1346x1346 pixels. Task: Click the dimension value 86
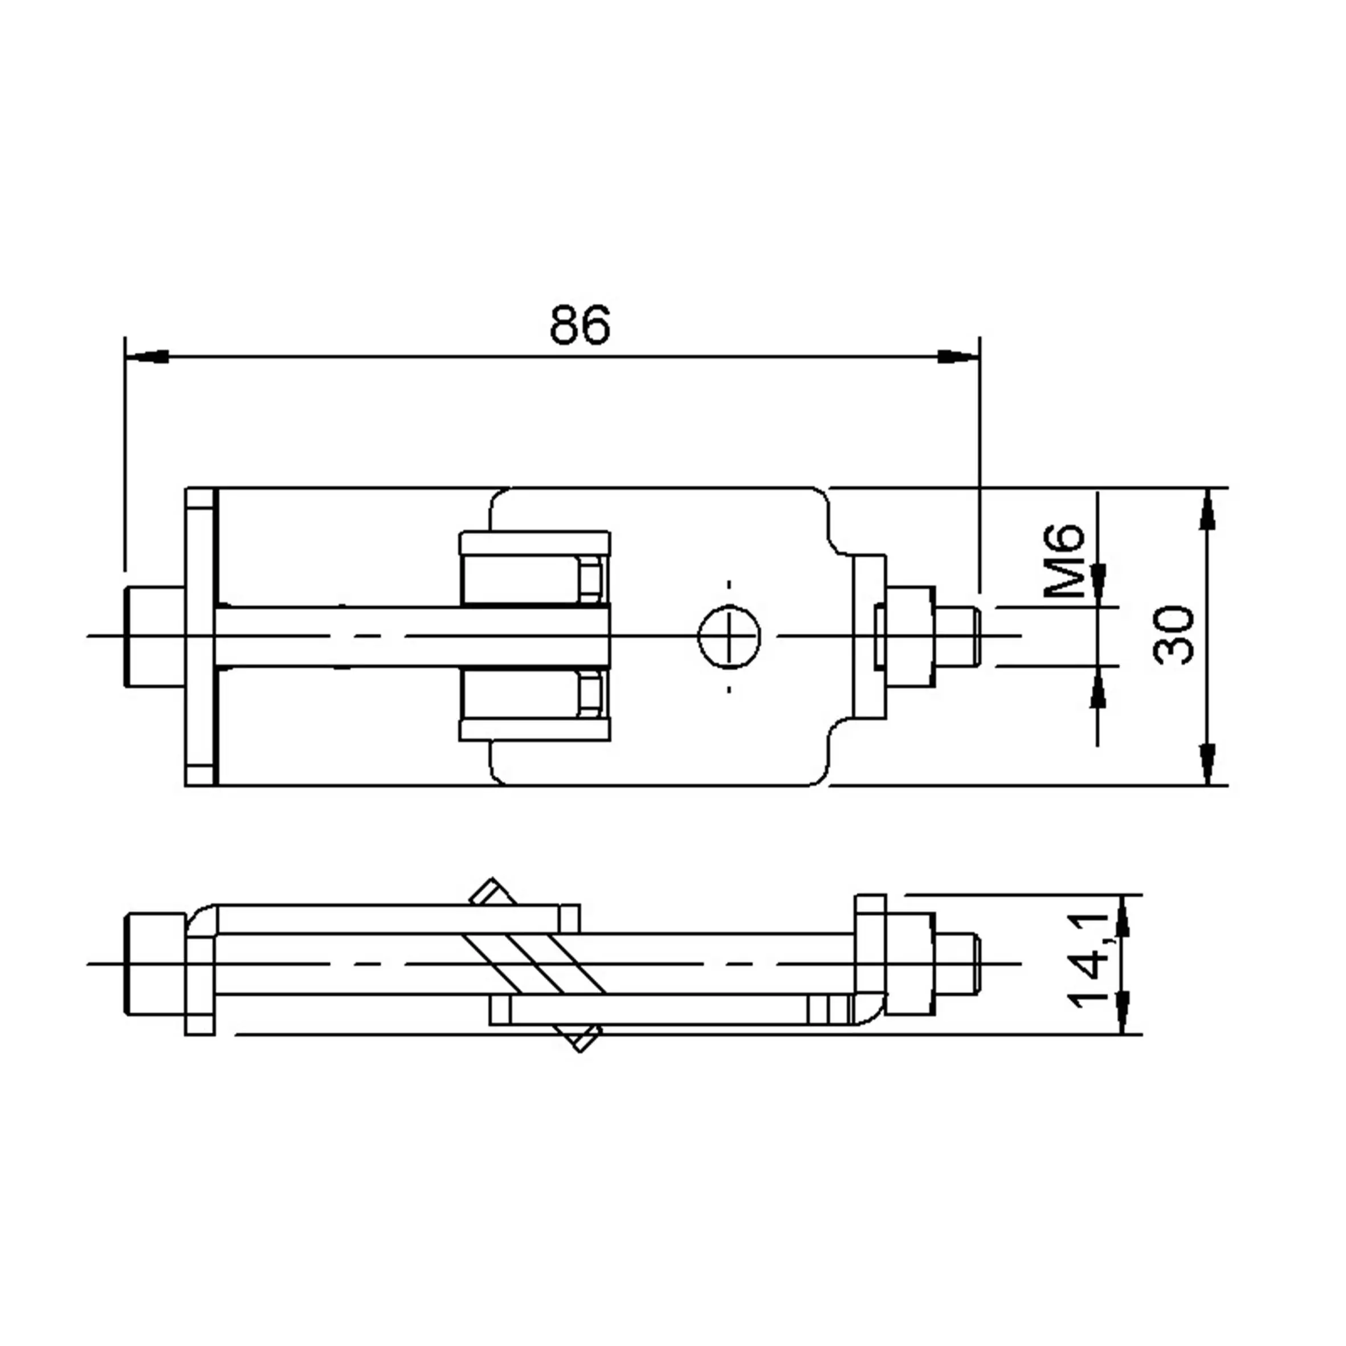tap(579, 325)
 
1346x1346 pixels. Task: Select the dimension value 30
tap(1173, 635)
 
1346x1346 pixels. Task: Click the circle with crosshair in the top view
tap(729, 635)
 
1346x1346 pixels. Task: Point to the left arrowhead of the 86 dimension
tap(147, 356)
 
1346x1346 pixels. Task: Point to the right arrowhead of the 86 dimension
tap(958, 356)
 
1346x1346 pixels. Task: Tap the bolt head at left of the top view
tap(154, 636)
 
